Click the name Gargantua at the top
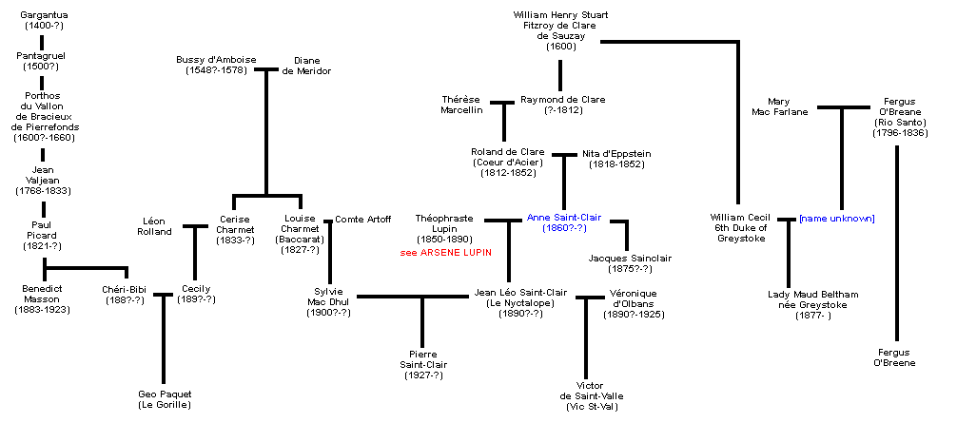click(x=44, y=15)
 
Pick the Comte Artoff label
click(x=362, y=220)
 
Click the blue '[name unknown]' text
click(x=836, y=219)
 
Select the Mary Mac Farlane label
click(x=787, y=106)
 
